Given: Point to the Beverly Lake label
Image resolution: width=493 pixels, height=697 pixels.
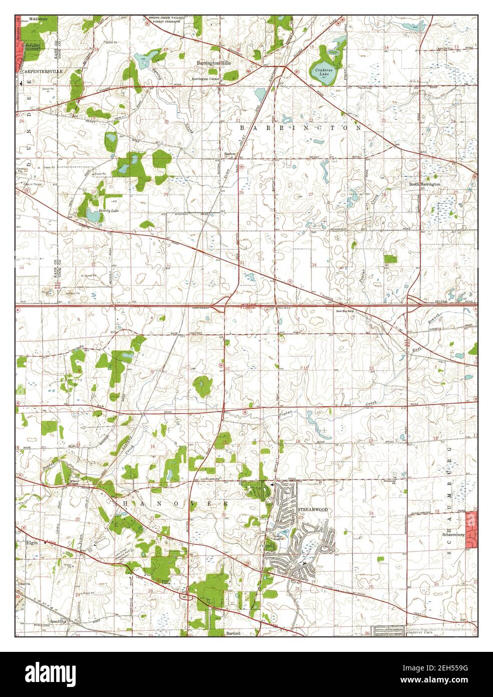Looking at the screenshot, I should tap(109, 211).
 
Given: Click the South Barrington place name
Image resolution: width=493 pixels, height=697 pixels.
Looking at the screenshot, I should tap(424, 184).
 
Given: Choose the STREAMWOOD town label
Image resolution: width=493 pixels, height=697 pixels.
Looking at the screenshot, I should tap(313, 509).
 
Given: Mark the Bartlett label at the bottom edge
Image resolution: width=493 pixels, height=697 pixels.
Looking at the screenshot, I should tap(233, 633).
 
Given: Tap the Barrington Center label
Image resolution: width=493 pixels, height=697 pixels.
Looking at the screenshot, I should tap(205, 79).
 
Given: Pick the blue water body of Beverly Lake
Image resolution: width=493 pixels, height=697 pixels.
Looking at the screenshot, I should tap(93, 216).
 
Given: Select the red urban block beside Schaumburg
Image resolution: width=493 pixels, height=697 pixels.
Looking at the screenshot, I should tap(470, 529).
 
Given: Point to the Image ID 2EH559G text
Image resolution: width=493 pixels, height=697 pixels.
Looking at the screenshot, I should tap(441, 672).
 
